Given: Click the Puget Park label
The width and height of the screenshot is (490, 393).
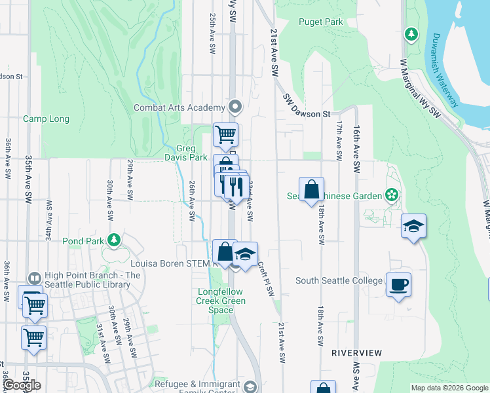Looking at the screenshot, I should tap(321, 22).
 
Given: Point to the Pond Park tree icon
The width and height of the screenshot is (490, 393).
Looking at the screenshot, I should tap(114, 240).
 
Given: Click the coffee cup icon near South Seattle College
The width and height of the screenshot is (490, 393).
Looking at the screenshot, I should tap(398, 285).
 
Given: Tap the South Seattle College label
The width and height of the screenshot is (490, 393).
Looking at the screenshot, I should tap(339, 281).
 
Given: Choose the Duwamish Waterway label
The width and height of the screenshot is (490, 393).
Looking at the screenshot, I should tap(445, 70).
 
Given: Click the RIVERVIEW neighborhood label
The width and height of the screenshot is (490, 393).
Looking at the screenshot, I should tap(356, 352).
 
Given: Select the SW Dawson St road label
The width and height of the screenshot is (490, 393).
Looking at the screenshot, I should tap(306, 106).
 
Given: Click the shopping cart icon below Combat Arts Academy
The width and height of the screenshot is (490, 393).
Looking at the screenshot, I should tap(225, 134).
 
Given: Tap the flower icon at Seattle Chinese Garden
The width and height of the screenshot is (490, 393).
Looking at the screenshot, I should tap(392, 195).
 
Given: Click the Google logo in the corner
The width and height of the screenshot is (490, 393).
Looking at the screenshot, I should tap(22, 384).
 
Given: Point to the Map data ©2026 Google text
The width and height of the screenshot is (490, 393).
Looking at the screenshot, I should tap(449, 388).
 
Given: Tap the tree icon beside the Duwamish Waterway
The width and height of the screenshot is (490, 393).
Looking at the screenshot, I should tap(411, 33).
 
